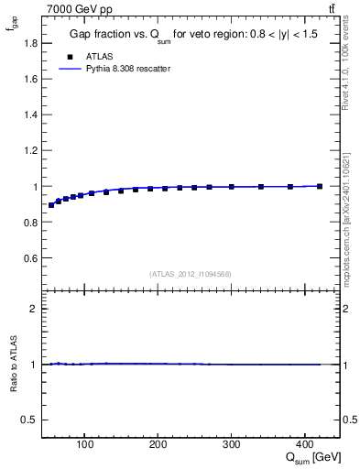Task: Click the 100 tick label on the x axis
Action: pos(84,445)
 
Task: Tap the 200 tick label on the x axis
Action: pos(158,445)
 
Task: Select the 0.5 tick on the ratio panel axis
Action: pos(31,420)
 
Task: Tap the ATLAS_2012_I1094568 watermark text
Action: pos(191,274)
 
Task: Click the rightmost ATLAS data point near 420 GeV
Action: pos(319,186)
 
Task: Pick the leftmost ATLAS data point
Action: pos(51,205)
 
